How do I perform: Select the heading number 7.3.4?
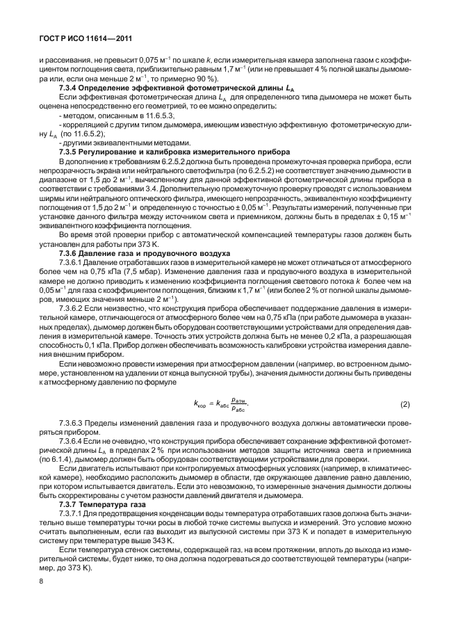70,88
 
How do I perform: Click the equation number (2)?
405,404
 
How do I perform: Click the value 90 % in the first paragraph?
240,79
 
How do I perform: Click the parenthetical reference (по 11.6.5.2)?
82,134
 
